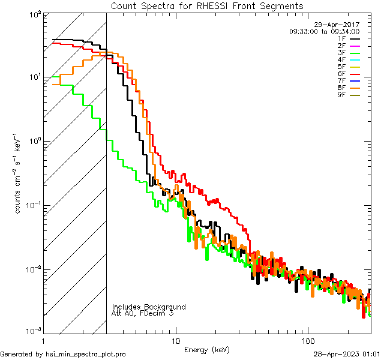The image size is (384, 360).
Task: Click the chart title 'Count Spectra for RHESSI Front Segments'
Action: click(x=207, y=5)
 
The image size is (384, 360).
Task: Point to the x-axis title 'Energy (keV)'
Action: click(x=206, y=350)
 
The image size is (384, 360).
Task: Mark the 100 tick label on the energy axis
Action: click(x=307, y=340)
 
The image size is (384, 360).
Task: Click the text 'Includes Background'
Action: click(x=148, y=307)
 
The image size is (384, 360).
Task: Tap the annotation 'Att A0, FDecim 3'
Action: click(x=143, y=314)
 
